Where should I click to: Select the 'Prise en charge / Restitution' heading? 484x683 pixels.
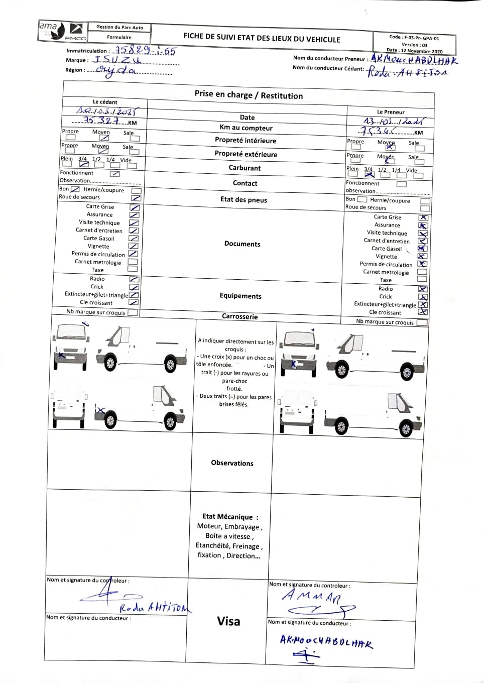[x=249, y=95]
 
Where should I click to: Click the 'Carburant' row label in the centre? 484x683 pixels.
[x=245, y=168]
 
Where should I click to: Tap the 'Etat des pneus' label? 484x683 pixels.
[x=244, y=199]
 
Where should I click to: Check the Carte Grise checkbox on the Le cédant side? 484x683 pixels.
[x=135, y=207]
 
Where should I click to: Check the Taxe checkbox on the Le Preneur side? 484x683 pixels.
[x=422, y=280]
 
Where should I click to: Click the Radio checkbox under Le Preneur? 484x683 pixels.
[x=423, y=289]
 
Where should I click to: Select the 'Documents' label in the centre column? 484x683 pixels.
[x=242, y=244]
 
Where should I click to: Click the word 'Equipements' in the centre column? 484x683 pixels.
[x=240, y=296]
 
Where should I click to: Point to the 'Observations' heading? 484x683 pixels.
[x=232, y=463]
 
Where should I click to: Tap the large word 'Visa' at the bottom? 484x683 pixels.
[x=228, y=621]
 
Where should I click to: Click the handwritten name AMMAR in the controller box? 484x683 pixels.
[x=311, y=597]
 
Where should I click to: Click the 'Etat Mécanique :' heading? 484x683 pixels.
[x=230, y=516]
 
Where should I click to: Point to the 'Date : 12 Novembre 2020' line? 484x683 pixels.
[x=414, y=51]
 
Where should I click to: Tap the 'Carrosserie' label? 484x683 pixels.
[x=239, y=316]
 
